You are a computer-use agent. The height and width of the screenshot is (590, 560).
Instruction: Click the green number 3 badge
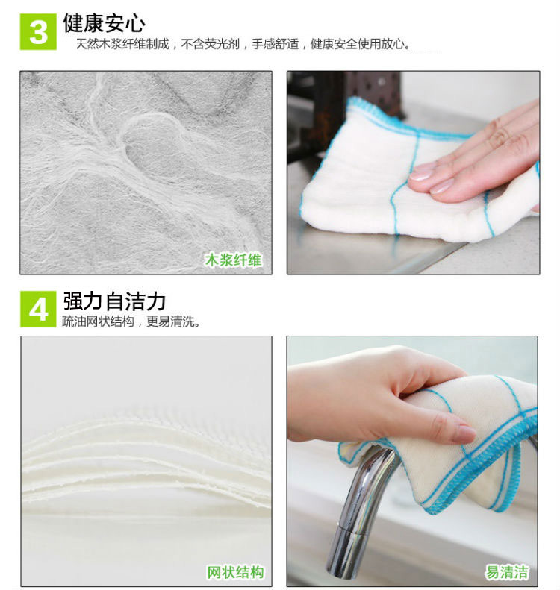(x=38, y=32)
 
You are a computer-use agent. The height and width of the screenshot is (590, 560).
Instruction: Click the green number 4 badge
(x=38, y=310)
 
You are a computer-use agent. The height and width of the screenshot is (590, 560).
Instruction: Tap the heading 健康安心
(x=104, y=22)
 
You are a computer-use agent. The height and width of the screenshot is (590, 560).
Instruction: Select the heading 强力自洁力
(x=114, y=301)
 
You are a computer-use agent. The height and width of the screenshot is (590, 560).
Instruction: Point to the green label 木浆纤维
(x=233, y=260)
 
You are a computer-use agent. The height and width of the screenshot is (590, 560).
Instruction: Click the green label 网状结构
(x=235, y=572)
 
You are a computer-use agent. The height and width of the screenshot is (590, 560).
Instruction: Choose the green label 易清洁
(x=506, y=572)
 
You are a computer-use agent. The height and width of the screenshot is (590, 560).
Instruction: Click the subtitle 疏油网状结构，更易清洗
(x=131, y=321)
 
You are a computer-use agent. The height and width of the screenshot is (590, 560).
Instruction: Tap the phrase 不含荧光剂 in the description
(x=210, y=44)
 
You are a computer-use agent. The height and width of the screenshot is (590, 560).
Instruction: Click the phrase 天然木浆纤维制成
(x=122, y=44)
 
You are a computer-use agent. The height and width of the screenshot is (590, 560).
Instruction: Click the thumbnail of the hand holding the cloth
(x=412, y=461)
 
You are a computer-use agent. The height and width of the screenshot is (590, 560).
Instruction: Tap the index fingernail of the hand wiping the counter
(x=422, y=173)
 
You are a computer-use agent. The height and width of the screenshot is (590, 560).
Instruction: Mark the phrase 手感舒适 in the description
(x=275, y=44)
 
